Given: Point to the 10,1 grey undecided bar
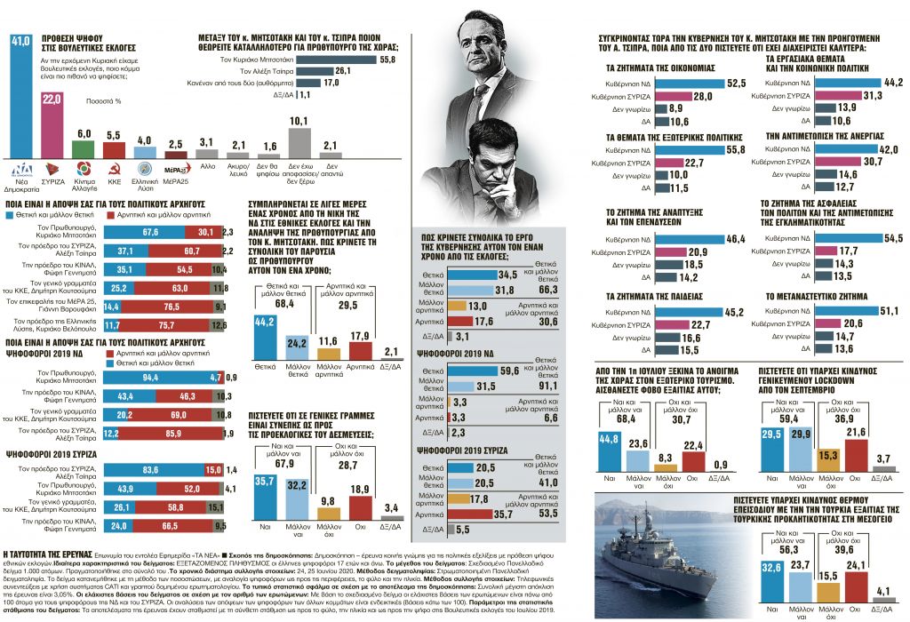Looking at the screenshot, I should point(299,142).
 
